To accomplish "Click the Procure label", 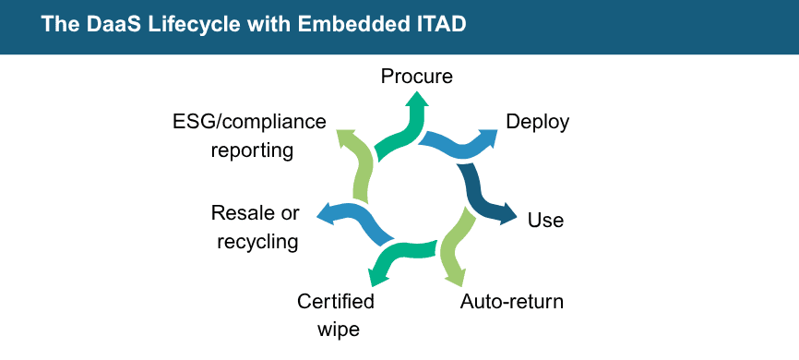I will coord(417,76).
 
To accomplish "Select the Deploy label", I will coord(537,122).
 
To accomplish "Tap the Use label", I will coord(545,221).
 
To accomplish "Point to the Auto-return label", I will coord(511,302).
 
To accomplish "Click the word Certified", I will coord(336,302).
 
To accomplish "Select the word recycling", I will coord(257,242).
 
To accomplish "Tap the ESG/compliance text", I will coord(249,122).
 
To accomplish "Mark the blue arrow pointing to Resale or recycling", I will coord(354,219).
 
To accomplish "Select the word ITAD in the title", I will coord(441,26).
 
